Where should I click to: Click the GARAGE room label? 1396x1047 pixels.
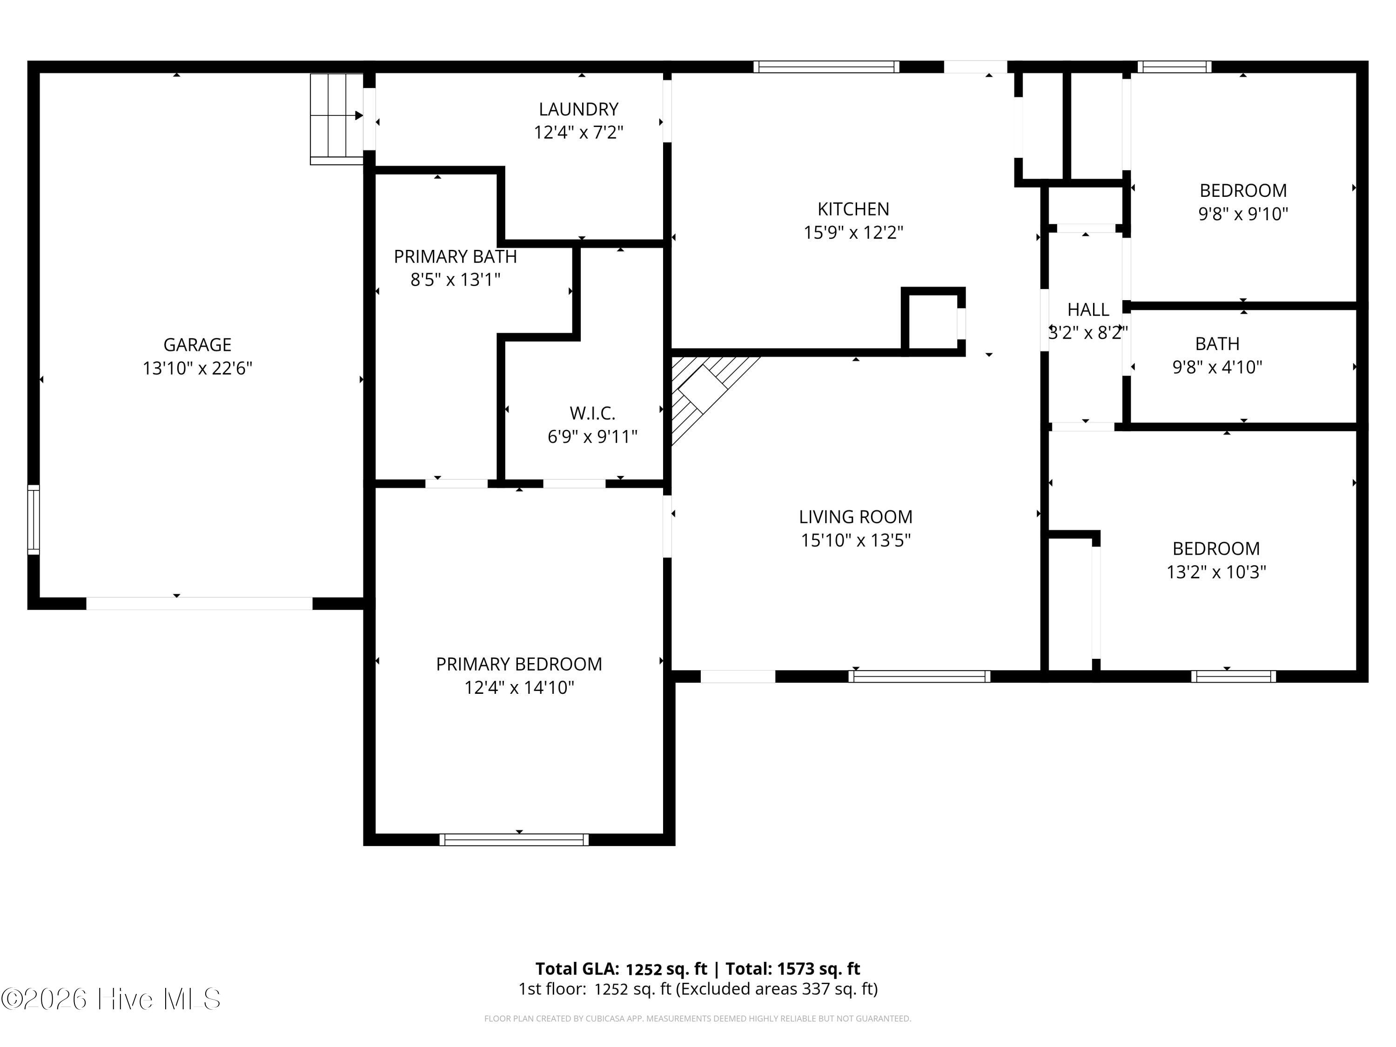(x=198, y=345)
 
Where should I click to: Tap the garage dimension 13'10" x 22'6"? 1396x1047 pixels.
(x=198, y=368)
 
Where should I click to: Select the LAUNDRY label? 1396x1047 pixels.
(x=579, y=109)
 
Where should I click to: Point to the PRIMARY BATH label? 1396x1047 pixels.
(x=456, y=256)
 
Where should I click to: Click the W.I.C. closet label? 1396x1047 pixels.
(x=593, y=413)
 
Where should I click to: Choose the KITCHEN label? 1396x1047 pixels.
(x=853, y=209)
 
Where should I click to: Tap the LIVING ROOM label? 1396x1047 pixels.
(x=856, y=517)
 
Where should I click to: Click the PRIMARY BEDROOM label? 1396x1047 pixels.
(x=519, y=664)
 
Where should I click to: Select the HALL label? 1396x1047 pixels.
(x=1088, y=310)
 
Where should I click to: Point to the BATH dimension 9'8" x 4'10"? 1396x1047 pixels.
(x=1217, y=367)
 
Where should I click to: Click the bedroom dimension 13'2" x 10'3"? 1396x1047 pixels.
(x=1216, y=572)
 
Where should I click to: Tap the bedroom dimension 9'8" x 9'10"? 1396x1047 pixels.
(x=1243, y=214)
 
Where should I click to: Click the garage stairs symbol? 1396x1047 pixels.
(x=336, y=119)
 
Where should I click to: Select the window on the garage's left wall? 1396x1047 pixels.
(x=34, y=519)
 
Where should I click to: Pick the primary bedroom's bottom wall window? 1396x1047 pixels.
(x=514, y=839)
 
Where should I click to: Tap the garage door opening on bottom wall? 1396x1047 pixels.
(x=200, y=604)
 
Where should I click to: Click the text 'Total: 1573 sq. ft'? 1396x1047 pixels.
(x=792, y=969)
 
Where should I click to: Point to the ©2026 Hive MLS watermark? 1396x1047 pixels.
(x=111, y=999)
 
